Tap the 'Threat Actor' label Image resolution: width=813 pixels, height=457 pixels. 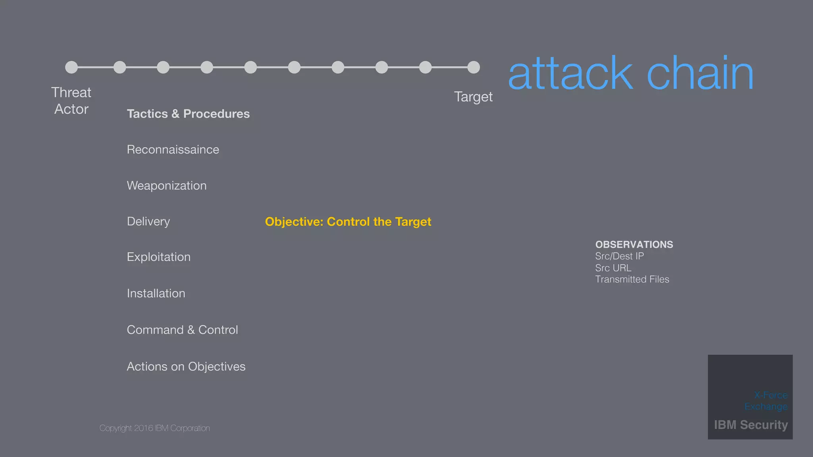tap(71, 101)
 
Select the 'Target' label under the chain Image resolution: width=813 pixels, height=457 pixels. tap(473, 97)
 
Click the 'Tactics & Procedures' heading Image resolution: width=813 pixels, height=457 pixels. tap(188, 114)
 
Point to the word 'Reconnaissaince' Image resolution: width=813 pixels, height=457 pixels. tap(173, 150)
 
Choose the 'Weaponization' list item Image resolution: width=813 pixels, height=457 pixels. tap(166, 186)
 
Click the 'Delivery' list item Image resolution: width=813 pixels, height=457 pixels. tap(148, 221)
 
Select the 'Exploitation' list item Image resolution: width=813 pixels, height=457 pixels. tap(158, 257)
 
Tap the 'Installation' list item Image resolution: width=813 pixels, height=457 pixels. tap(156, 294)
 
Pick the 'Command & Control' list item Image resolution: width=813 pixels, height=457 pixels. tap(182, 330)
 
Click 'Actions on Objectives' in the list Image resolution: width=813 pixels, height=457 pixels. tap(186, 367)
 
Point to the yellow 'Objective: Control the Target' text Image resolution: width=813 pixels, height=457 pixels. tap(348, 222)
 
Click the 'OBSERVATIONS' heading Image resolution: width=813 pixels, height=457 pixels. tap(634, 244)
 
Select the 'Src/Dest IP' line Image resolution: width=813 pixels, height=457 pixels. tap(619, 256)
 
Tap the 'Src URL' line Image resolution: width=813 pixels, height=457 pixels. tap(613, 268)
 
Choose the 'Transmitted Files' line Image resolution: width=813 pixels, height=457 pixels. tap(632, 279)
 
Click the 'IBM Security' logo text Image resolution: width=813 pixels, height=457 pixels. tap(751, 425)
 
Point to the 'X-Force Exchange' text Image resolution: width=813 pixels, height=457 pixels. tap(766, 401)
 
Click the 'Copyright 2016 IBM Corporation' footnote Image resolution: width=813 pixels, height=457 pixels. tap(154, 428)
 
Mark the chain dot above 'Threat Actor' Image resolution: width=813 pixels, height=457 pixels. tap(71, 67)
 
